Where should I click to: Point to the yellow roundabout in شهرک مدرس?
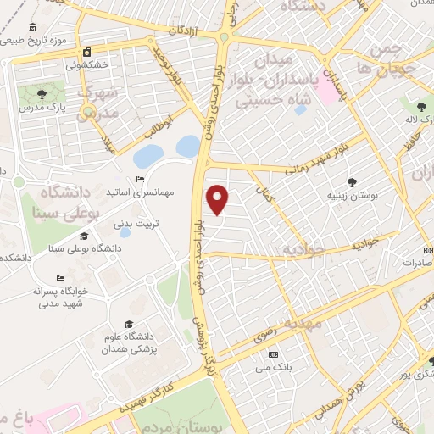click(x=87, y=110)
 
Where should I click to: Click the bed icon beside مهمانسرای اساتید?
click(x=140, y=178)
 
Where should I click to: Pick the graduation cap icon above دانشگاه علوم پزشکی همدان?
click(x=128, y=324)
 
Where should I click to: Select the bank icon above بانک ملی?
click(x=272, y=353)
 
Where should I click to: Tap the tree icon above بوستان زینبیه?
click(x=352, y=181)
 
